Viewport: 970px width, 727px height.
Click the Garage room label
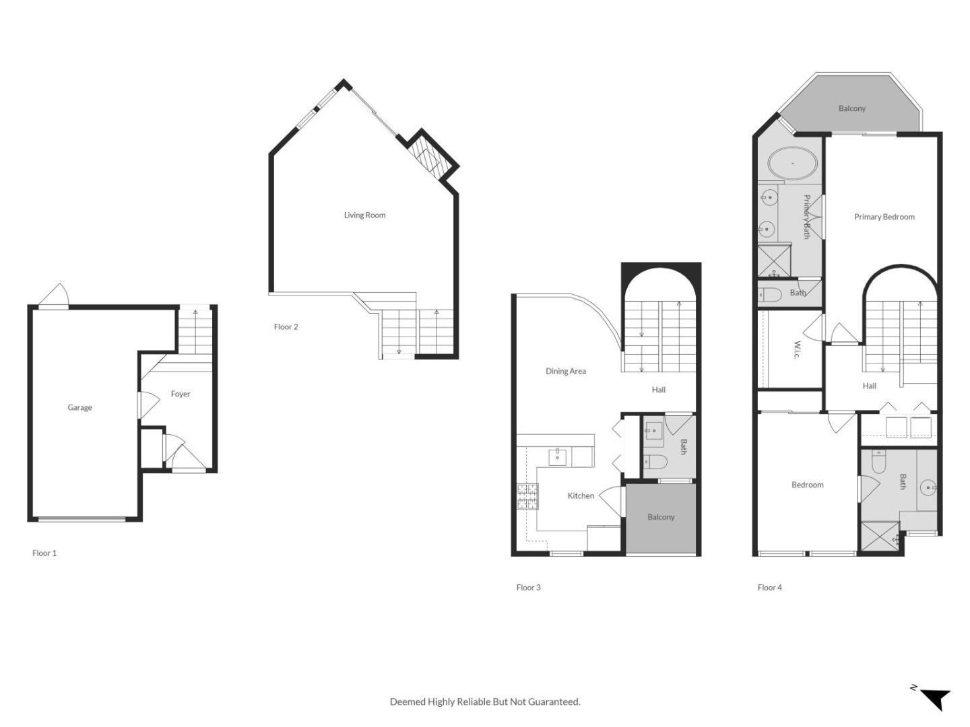tap(79, 407)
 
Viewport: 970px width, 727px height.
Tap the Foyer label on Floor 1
tap(181, 394)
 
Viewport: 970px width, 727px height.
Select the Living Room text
tap(364, 215)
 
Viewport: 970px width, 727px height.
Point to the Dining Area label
tap(566, 371)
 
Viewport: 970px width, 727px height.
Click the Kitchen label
tap(581, 495)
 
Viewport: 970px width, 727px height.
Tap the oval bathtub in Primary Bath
tap(792, 163)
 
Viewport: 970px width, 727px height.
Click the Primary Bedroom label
tap(884, 217)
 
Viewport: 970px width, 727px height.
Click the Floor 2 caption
tap(286, 326)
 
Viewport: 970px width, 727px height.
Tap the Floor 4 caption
tap(769, 588)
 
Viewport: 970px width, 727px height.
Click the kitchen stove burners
tap(527, 497)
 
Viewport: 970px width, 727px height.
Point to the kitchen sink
tap(557, 457)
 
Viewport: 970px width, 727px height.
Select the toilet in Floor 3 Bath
tap(655, 462)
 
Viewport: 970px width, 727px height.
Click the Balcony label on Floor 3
tap(661, 517)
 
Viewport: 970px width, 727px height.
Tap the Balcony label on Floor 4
tap(851, 108)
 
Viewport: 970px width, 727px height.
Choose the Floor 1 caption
tap(44, 553)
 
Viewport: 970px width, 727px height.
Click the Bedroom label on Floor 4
tap(807, 485)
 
